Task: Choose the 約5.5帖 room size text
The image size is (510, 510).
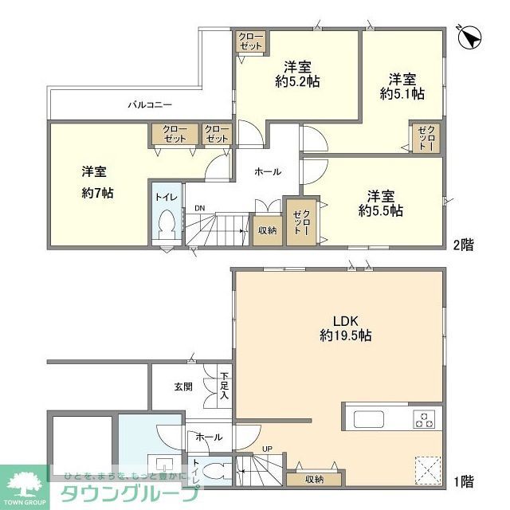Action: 380,211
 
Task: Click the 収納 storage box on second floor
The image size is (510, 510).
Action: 267,230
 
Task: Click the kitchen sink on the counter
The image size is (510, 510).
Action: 369,419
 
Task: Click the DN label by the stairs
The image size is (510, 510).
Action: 199,210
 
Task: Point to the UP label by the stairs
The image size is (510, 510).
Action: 267,449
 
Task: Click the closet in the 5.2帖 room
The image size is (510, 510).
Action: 251,41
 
